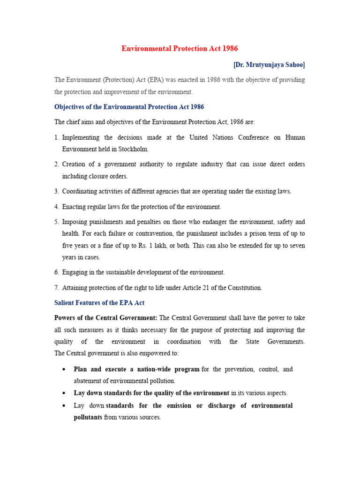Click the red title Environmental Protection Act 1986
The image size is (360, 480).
pos(180,48)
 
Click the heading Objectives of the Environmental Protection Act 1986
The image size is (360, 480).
pos(129,107)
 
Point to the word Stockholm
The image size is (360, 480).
pos(132,149)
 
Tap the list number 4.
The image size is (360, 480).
pos(56,207)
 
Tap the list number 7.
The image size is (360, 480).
pos(56,287)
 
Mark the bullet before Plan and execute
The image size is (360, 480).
pos(63,369)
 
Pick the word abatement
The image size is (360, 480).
pos(89,381)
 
